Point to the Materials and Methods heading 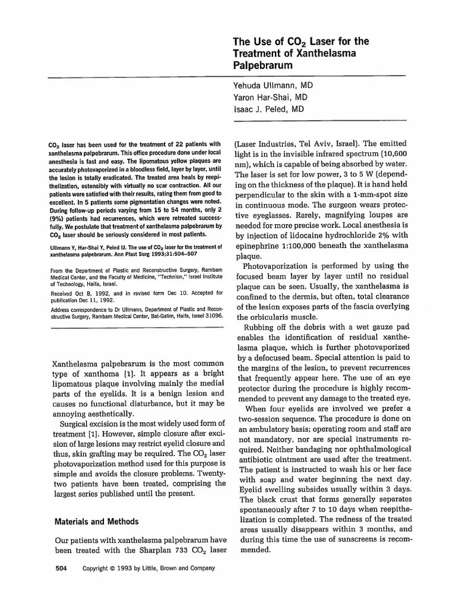click(97, 522)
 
